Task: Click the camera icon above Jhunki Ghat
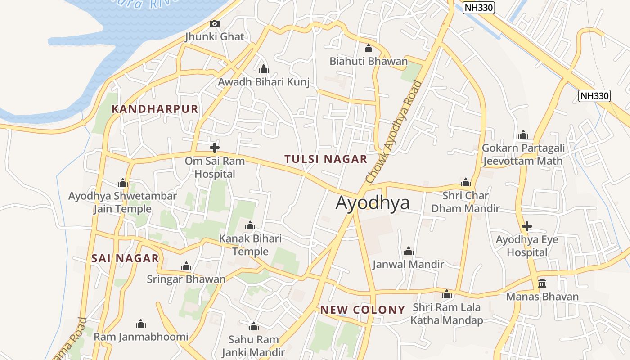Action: click(215, 23)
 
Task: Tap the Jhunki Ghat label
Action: click(215, 37)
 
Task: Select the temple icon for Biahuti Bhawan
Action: click(369, 48)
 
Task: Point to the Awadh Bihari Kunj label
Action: click(264, 82)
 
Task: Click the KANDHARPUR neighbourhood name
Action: click(155, 109)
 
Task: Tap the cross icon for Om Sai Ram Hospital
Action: click(215, 147)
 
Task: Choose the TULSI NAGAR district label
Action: click(326, 159)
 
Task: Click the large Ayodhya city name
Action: click(373, 203)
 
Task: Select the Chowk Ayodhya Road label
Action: click(394, 132)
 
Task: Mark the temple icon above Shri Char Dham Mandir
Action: click(465, 182)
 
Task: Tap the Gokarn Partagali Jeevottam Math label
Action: click(523, 154)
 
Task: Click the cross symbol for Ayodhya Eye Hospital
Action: click(526, 226)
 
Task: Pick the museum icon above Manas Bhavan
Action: click(542, 283)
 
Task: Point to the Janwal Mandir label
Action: click(408, 264)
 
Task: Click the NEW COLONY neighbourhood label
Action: click(363, 310)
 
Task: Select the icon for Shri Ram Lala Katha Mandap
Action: click(446, 294)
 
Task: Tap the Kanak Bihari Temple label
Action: click(250, 245)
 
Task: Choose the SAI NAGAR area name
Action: click(125, 258)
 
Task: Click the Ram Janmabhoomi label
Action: click(141, 337)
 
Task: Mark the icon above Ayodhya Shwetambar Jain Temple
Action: click(122, 183)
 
